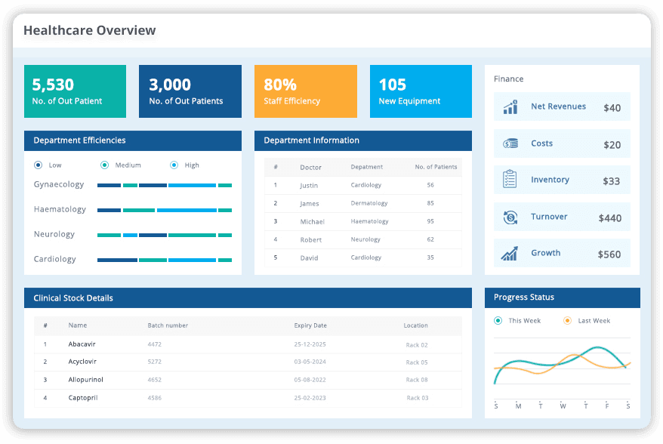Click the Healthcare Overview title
89,31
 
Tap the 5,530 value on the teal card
53,85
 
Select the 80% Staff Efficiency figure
280,85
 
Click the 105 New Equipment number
392,85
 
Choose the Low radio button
39,165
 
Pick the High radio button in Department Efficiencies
174,165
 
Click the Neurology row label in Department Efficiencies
54,234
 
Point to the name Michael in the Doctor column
312,221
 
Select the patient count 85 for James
430,203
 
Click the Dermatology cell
369,203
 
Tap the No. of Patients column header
436,167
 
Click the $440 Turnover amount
609,218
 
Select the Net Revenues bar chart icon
510,107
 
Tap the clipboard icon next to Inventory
510,180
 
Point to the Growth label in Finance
545,253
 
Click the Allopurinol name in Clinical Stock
86,380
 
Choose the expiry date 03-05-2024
310,362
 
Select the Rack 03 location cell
417,398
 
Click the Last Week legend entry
594,321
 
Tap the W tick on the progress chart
563,406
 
